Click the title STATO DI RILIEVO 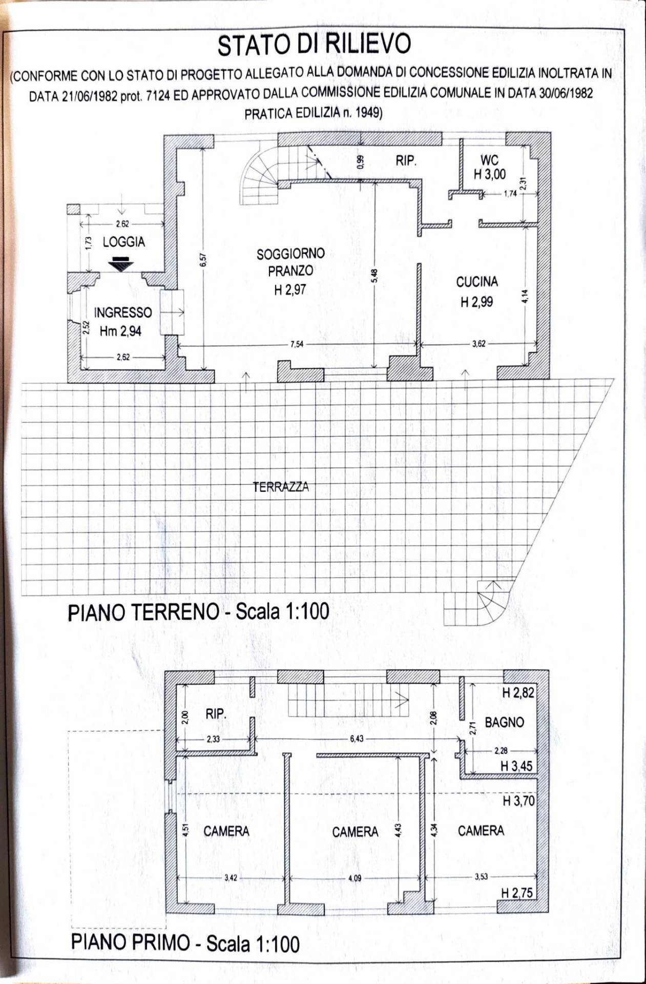tap(314, 45)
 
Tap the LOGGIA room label tap(123, 242)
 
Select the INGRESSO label tap(122, 313)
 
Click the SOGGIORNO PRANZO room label tap(290, 262)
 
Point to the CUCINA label tap(476, 282)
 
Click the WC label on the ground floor tap(489, 160)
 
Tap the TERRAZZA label tap(281, 487)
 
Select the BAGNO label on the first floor tap(504, 722)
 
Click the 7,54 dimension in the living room tap(297, 344)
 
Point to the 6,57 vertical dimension tap(203, 260)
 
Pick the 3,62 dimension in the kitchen tap(478, 344)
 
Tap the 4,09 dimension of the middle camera tap(355, 878)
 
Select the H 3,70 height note tap(518, 801)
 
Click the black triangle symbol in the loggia tap(120, 263)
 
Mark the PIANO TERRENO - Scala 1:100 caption tap(198, 612)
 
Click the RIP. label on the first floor tap(216, 714)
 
